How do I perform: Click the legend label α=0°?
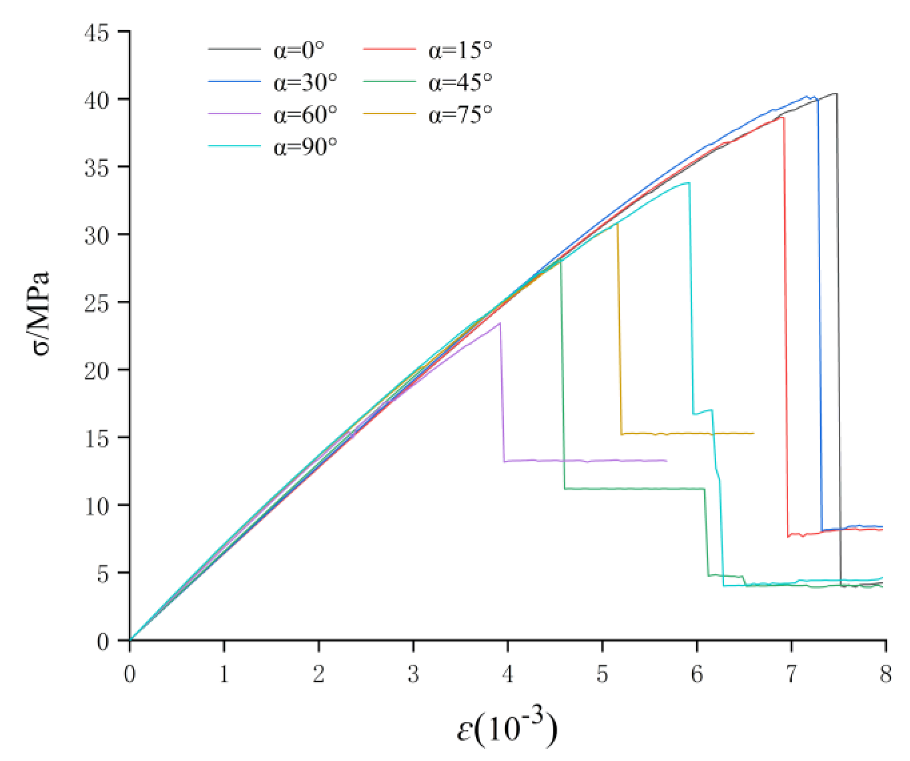point(299,50)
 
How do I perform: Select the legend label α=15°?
point(460,50)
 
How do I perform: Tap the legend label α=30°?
point(305,83)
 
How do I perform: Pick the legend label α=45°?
point(460,83)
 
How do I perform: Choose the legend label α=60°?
point(305,115)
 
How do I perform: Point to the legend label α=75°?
point(460,115)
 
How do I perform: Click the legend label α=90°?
point(305,147)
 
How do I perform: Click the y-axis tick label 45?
point(96,33)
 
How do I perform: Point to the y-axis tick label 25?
point(96,304)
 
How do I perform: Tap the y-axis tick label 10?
point(96,507)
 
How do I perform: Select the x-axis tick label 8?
point(885,674)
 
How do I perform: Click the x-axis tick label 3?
point(413,674)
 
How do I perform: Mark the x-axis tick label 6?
point(697,674)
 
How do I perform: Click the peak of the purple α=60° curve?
point(500,323)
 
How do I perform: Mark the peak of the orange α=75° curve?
point(617,224)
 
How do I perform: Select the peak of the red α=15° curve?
point(783,117)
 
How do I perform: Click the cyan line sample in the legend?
point(234,146)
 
